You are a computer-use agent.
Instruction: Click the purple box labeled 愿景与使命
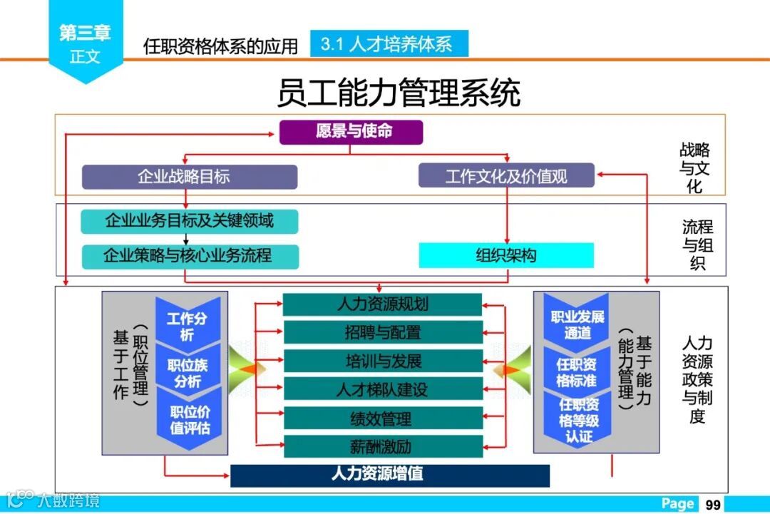click(351, 132)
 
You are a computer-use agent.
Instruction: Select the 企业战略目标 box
click(189, 177)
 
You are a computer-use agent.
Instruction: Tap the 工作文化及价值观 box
click(506, 176)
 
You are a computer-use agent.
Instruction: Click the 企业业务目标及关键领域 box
click(189, 221)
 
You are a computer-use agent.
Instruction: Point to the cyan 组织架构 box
click(506, 255)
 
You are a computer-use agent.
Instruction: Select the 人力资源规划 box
click(382, 304)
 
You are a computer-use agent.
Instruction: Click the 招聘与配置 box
click(382, 332)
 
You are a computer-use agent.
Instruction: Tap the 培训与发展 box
click(382, 361)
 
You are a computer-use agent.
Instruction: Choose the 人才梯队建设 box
click(382, 389)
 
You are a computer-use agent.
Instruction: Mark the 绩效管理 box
click(382, 418)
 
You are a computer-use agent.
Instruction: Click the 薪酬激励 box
click(382, 446)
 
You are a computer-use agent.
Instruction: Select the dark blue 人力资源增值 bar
click(390, 475)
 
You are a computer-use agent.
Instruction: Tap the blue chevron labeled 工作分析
click(188, 325)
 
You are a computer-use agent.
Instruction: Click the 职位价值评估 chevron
click(189, 421)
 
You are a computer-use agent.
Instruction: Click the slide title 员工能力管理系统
click(399, 94)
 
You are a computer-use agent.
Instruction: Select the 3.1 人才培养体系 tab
click(389, 44)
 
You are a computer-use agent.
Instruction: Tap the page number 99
click(713, 504)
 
